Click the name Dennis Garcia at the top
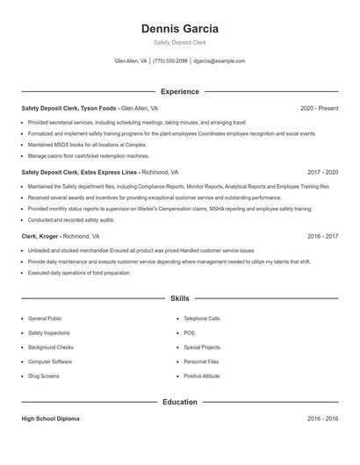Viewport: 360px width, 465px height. [x=179, y=29]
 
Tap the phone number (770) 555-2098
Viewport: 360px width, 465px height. [x=170, y=61]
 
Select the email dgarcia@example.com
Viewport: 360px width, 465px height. [x=220, y=61]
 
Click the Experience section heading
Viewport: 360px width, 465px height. [x=179, y=91]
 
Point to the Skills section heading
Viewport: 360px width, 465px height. [x=179, y=298]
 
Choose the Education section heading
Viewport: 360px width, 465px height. [x=179, y=402]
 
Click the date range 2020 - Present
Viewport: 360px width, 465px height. [x=319, y=109]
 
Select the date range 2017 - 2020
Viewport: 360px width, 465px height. [x=322, y=173]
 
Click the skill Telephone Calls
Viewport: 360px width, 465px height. [x=202, y=318]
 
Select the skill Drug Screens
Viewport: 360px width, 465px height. [x=44, y=376]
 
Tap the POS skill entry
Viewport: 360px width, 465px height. [x=190, y=333]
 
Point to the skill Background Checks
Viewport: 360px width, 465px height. [x=51, y=347]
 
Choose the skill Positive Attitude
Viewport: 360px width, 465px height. [x=202, y=376]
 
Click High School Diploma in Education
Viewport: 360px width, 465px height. [x=50, y=419]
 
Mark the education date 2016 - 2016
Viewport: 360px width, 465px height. [x=322, y=419]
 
